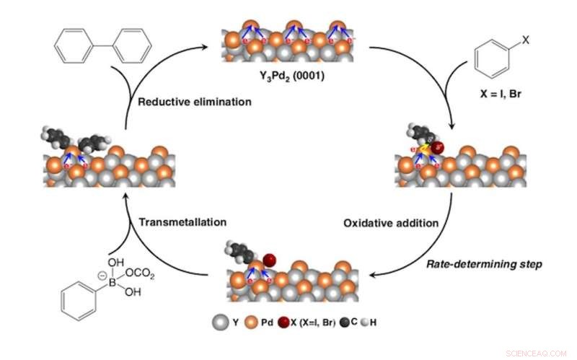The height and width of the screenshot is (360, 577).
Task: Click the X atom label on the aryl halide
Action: tap(525, 40)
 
